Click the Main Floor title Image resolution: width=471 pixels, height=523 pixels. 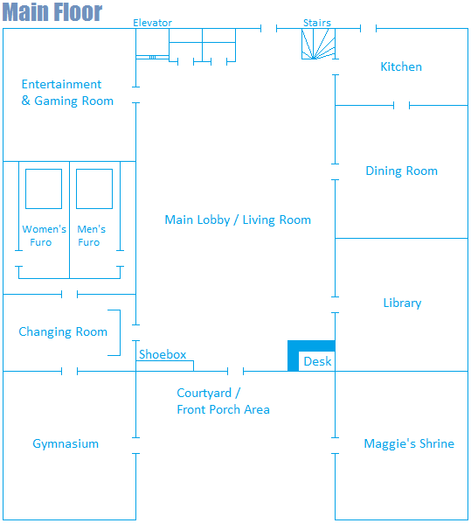click(52, 12)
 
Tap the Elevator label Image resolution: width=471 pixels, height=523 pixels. click(152, 23)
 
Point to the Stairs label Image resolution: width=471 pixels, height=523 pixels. click(317, 23)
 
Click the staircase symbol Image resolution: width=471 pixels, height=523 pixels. click(318, 44)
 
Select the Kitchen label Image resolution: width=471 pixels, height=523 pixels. click(401, 66)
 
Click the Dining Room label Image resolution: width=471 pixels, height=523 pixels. click(402, 171)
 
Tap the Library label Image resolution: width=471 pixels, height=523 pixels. click(402, 303)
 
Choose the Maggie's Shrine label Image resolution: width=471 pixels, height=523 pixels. click(409, 443)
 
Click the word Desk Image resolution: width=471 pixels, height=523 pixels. click(317, 361)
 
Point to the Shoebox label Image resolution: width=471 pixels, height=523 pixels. click(163, 354)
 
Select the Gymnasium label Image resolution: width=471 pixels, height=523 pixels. click(66, 443)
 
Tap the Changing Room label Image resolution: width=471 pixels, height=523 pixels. click(63, 331)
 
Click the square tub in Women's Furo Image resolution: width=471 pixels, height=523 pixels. click(44, 189)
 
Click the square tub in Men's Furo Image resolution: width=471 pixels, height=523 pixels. click(94, 189)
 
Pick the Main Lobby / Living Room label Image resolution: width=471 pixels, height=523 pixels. click(238, 220)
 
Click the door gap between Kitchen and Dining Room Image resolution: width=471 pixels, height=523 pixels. click(401, 106)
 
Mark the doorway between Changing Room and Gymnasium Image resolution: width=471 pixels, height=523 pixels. click(69, 371)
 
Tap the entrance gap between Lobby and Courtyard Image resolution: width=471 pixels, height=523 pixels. click(235, 371)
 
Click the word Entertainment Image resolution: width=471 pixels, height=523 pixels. click(61, 84)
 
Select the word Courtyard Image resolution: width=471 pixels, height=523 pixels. click(204, 394)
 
